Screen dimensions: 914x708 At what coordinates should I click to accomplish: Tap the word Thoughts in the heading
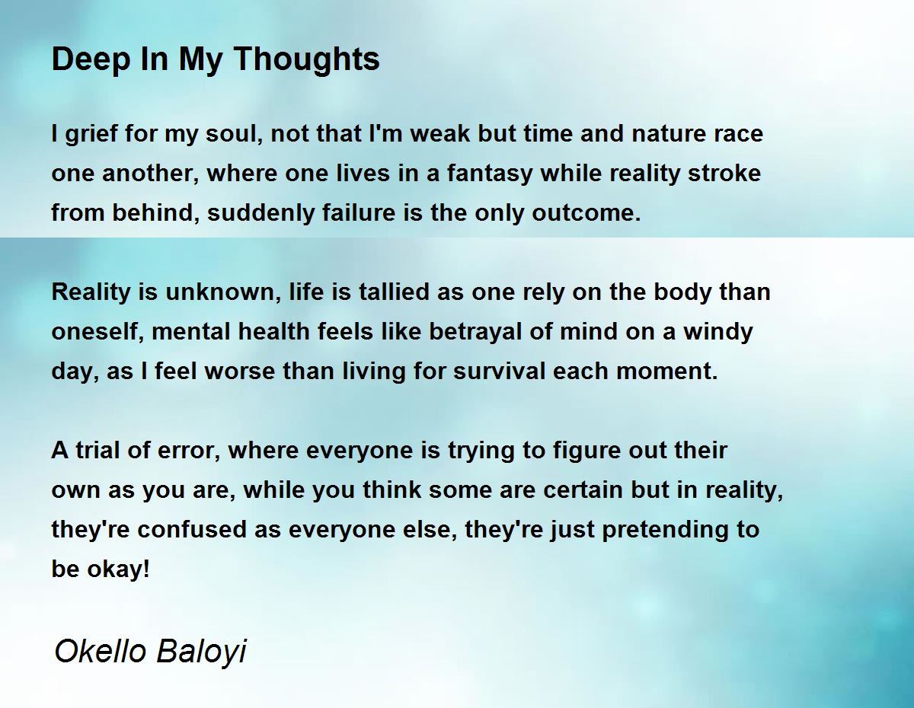(306, 59)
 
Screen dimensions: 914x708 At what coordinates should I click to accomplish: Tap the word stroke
(724, 174)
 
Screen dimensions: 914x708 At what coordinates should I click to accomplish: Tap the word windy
(717, 332)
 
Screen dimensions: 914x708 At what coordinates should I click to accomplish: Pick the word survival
(499, 372)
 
